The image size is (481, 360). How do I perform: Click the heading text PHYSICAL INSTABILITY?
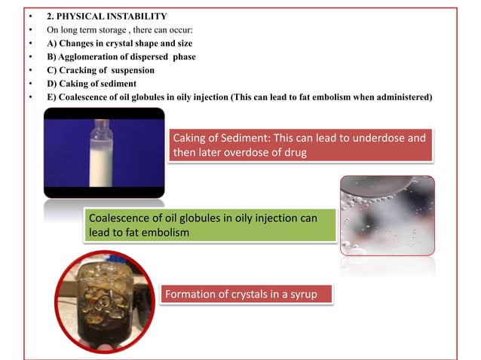(113, 16)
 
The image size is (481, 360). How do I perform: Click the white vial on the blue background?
(101, 151)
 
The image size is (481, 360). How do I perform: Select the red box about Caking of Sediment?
(302, 145)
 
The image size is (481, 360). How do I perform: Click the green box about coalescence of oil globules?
(209, 225)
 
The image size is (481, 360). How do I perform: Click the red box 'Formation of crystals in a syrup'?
(246, 294)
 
